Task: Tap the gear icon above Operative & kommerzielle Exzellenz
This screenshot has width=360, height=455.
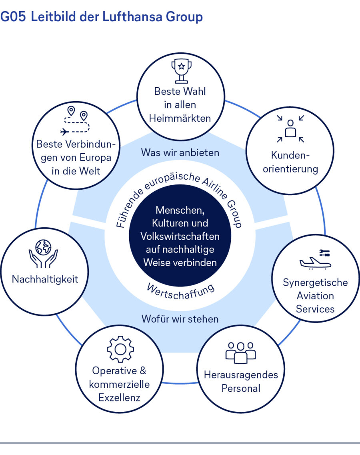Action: (120, 349)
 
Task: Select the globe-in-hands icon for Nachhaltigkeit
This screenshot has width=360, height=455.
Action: (43, 254)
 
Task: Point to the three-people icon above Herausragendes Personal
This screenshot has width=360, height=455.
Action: (240, 352)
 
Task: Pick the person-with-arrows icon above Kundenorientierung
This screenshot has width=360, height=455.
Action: (291, 128)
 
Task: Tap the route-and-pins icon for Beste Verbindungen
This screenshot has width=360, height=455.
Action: (76, 121)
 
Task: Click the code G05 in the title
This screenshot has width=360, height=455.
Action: (13, 17)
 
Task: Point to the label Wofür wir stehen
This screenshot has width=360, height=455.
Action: (180, 319)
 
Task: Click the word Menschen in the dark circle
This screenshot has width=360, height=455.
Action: (180, 210)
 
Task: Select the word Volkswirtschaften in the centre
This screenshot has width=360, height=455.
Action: (180, 236)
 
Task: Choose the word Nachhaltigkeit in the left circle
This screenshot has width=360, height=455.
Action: (45, 279)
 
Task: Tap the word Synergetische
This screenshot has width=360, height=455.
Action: (315, 283)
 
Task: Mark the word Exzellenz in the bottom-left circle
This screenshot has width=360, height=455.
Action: (120, 397)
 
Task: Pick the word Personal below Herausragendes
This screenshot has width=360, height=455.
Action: (241, 388)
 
